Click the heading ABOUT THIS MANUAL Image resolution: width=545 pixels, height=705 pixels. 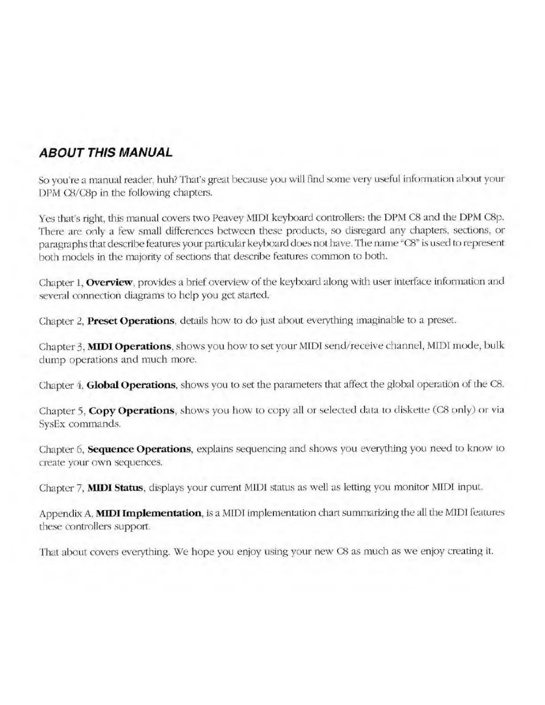pos(106,153)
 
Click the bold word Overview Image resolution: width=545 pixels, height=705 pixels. pos(109,282)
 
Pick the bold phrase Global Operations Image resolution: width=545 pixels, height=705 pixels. pos(132,385)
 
